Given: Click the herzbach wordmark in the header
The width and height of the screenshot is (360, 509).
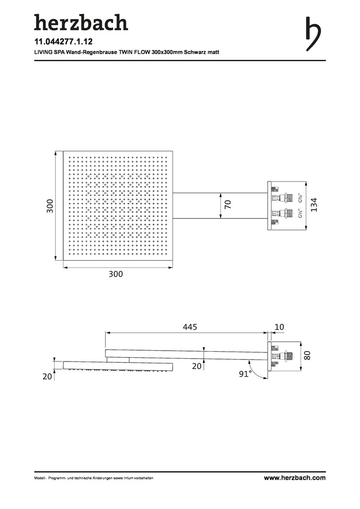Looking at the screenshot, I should coord(81,22).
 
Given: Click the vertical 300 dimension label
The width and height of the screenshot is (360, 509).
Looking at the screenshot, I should coord(50,205).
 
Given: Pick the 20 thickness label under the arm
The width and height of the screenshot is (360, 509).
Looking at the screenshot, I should coord(196,366).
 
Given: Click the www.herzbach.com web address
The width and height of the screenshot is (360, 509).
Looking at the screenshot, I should coord(295,478).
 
